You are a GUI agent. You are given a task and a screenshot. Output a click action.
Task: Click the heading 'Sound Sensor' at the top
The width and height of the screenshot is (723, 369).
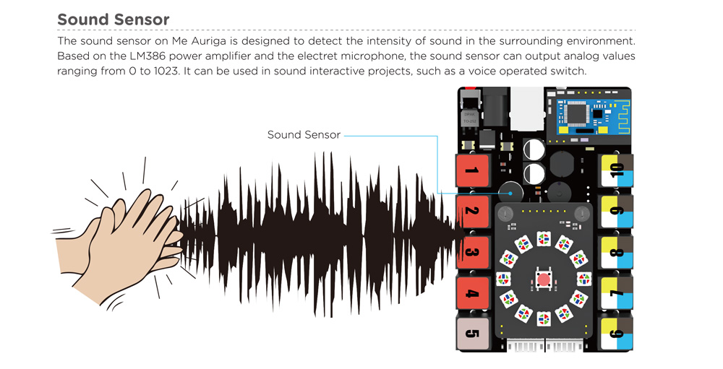pyautogui.click(x=114, y=19)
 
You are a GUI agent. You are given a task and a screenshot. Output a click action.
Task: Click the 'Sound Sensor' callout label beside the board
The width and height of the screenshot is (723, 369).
pyautogui.click(x=304, y=135)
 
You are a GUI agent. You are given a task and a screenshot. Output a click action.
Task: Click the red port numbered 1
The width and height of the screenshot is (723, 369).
pyautogui.click(x=471, y=171)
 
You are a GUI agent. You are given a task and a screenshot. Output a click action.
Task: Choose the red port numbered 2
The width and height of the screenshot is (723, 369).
pyautogui.click(x=471, y=213)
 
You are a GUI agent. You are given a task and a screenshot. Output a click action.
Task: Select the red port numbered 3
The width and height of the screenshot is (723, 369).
pyautogui.click(x=471, y=253)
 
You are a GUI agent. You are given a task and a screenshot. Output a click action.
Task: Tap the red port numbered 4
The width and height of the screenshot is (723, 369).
pyautogui.click(x=471, y=294)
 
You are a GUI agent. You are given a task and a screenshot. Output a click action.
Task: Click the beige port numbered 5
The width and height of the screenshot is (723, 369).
pyautogui.click(x=471, y=334)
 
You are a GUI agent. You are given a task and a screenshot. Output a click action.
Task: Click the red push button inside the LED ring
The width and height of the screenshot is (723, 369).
pyautogui.click(x=543, y=279)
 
